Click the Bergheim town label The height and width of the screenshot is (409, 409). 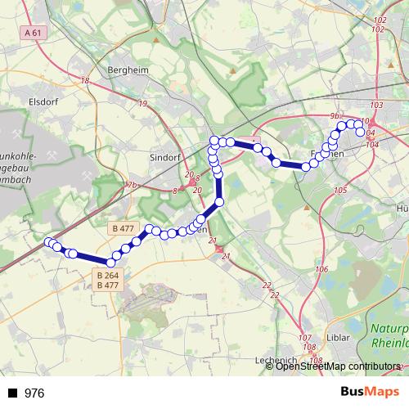pyautogui.click(x=128, y=70)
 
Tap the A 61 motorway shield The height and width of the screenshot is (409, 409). pyautogui.click(x=33, y=32)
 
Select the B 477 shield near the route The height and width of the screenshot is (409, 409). pyautogui.click(x=120, y=227)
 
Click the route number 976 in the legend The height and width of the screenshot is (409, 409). pyautogui.click(x=34, y=393)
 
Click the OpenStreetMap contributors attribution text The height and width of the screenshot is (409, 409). pyautogui.click(x=337, y=366)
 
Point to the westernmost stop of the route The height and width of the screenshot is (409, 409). pyautogui.click(x=48, y=242)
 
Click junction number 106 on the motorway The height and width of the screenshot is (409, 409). pyautogui.click(x=321, y=269)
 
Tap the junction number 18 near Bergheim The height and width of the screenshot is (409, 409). pyautogui.click(x=85, y=80)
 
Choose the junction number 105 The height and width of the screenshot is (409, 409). pyautogui.click(x=340, y=190)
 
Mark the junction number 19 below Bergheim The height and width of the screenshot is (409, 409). pyautogui.click(x=143, y=103)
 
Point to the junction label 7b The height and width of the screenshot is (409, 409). pyautogui.click(x=132, y=186)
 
